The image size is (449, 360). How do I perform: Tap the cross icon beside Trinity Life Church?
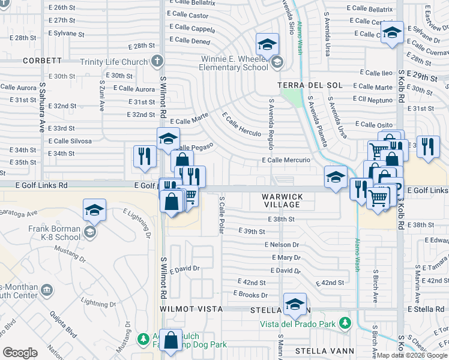coord(157,61)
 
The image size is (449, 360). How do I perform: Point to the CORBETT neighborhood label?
coord(43,61)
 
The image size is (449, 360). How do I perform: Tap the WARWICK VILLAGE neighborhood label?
coord(281,200)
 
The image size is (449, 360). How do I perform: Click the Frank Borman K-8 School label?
coord(54,233)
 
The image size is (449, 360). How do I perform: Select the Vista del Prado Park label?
coord(297,324)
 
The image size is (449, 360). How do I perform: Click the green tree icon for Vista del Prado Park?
coord(345,324)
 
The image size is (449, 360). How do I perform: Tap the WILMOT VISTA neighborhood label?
coord(191,308)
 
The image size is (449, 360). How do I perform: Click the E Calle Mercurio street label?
coord(286,160)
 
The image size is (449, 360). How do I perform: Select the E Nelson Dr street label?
coord(282,245)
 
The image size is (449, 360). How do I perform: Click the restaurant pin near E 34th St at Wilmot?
coord(145,156)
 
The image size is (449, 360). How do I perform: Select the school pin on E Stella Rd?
coord(295,305)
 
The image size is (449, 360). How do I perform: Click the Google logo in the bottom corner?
coord(20,353)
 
